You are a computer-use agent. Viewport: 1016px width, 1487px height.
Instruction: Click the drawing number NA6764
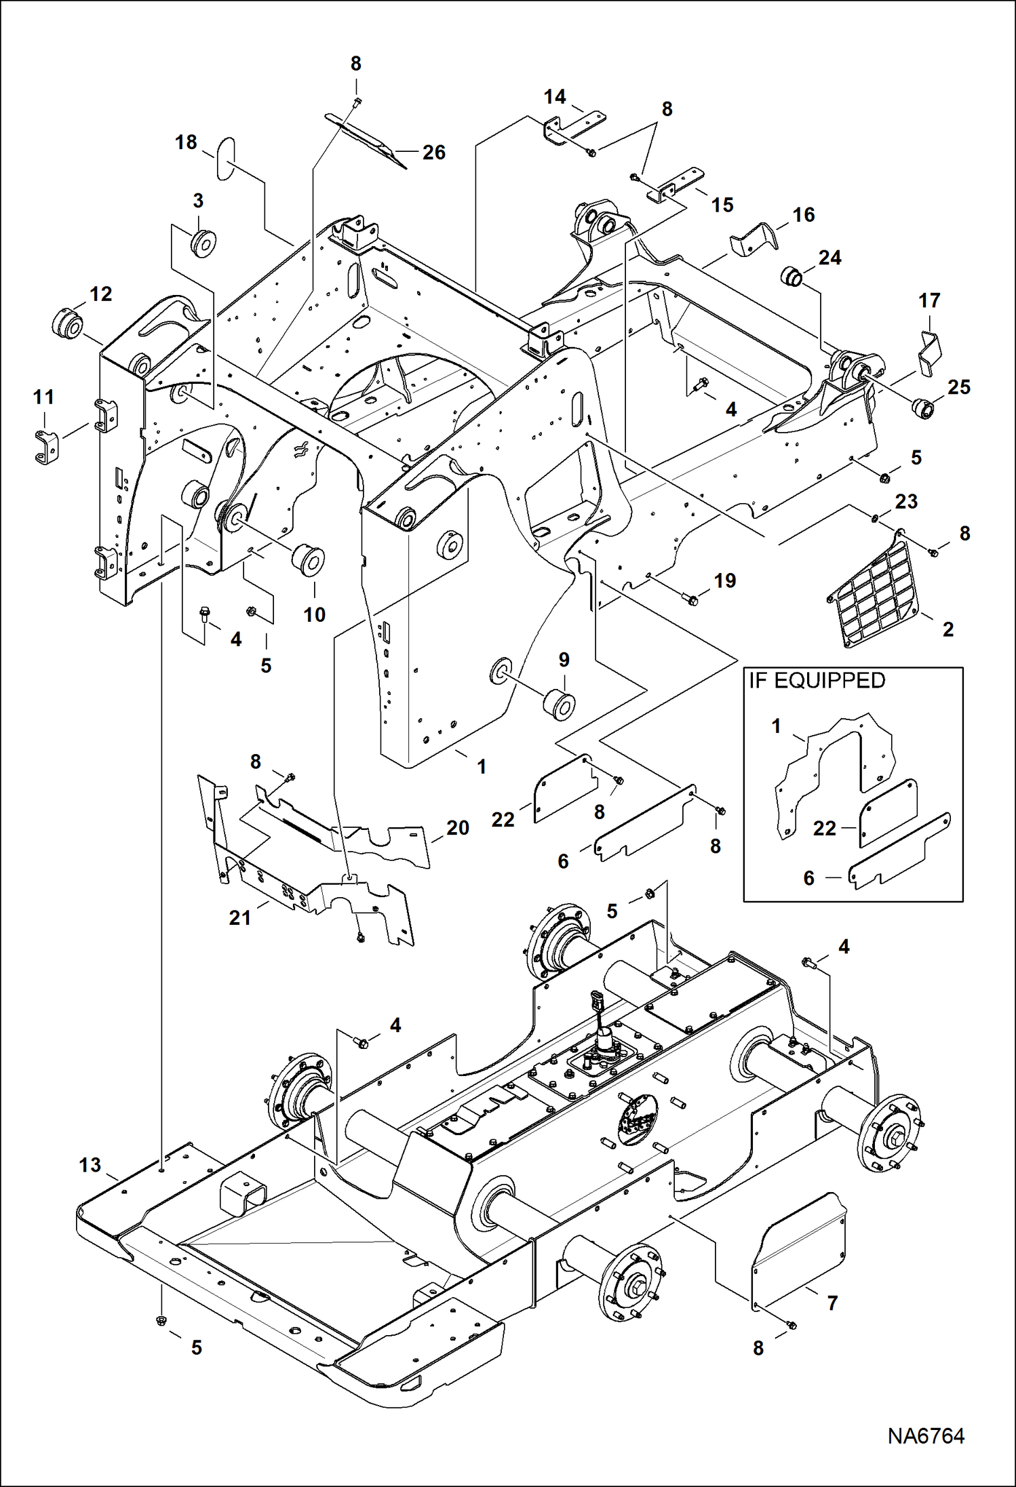coord(925,1435)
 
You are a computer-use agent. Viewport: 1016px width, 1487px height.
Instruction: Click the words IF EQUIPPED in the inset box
coord(817,681)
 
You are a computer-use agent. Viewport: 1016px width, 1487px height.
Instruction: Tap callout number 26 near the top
coord(434,153)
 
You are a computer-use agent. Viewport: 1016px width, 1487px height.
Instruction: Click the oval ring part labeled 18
coord(226,159)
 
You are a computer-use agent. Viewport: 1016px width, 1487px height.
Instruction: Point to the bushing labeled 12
coord(67,323)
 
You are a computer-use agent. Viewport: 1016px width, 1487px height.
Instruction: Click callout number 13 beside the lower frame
coord(90,1165)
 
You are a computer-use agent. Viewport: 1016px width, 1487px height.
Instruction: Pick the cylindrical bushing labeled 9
coord(560,705)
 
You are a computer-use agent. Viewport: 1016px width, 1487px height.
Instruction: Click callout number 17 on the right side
coord(929,300)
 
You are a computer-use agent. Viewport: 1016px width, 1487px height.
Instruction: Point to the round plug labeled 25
coord(923,409)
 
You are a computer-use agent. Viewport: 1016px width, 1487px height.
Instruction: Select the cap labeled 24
coord(791,277)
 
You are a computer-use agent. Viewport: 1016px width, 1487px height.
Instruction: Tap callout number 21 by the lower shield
coord(240,917)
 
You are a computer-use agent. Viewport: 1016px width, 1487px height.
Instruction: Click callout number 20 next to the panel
coord(458,828)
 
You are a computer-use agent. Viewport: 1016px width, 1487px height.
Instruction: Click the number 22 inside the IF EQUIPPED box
coord(824,828)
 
